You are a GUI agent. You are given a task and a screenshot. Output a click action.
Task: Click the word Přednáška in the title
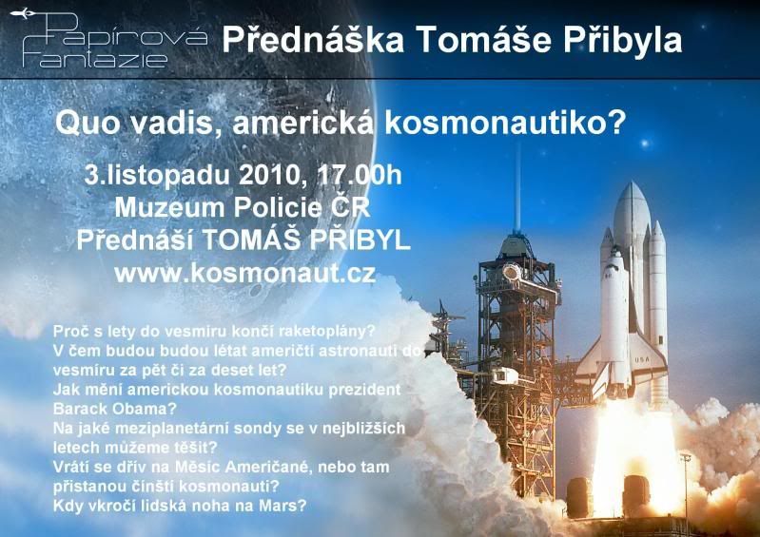tap(313, 40)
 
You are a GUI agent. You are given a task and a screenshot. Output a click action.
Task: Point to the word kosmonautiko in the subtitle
tap(505, 124)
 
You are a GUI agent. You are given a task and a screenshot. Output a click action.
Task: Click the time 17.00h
tap(360, 175)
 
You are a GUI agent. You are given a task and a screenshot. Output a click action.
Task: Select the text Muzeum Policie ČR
tap(243, 208)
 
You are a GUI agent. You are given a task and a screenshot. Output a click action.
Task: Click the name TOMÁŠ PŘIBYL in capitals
tap(306, 240)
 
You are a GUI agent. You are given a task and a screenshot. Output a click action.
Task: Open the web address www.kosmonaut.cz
tap(245, 274)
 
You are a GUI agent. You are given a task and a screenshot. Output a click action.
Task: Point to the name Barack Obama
tap(114, 409)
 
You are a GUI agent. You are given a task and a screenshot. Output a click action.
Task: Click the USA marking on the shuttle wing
tap(642, 360)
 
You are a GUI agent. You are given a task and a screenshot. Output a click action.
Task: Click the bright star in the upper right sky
tap(645, 144)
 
